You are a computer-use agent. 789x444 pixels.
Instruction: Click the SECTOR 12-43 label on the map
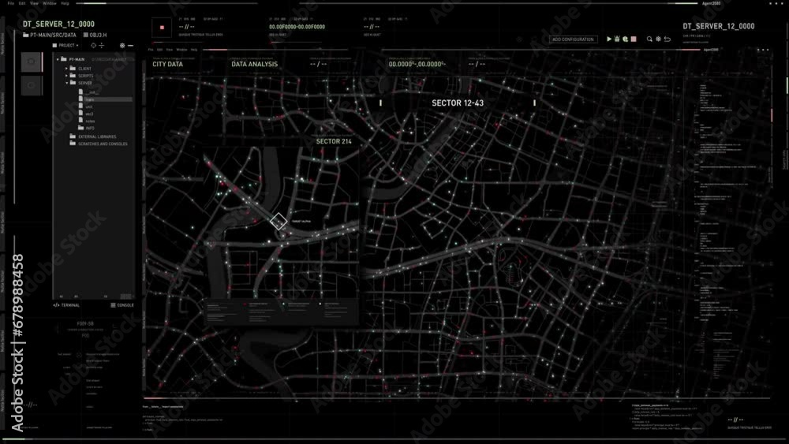tap(458, 103)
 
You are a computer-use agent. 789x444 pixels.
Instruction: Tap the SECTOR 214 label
tap(334, 141)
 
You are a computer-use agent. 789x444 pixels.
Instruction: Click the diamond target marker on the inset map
tap(279, 222)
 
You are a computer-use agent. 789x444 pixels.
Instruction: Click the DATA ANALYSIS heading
tap(254, 65)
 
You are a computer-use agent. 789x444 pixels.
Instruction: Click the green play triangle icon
tap(609, 39)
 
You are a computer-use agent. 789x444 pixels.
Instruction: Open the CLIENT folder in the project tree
tap(85, 69)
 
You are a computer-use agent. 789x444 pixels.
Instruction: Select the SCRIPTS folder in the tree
tap(86, 76)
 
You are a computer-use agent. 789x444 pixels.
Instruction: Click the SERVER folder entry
tap(85, 83)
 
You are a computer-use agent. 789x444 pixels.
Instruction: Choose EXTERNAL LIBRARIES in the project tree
tap(97, 136)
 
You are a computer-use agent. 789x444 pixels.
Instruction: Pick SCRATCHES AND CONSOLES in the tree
tap(103, 144)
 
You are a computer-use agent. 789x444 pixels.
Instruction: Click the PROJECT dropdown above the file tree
tap(66, 46)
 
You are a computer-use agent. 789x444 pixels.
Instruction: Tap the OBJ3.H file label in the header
tap(98, 35)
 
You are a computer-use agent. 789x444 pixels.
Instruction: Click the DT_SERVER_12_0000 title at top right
tap(719, 26)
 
